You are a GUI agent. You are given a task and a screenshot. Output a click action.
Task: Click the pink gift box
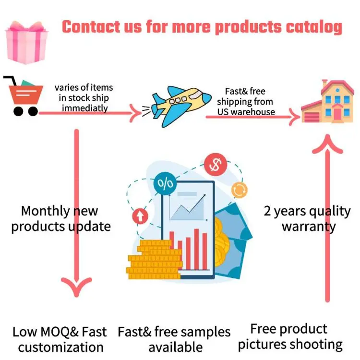(x=26, y=42)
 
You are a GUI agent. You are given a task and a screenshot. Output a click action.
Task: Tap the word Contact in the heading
(x=91, y=27)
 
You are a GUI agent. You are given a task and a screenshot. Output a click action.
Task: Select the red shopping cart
(x=24, y=96)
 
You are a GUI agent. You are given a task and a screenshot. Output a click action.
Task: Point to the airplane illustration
(x=177, y=105)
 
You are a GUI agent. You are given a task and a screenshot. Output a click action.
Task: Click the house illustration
(x=327, y=101)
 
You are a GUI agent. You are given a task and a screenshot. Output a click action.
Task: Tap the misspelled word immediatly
(x=84, y=108)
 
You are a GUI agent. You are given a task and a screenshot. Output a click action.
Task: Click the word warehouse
(x=252, y=112)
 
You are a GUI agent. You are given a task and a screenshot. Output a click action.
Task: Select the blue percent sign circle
(x=165, y=183)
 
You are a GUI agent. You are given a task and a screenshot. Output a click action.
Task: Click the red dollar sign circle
(x=216, y=165)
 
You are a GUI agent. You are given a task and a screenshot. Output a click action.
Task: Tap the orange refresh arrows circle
(x=239, y=190)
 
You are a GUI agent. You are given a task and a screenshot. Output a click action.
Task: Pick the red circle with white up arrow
(x=140, y=216)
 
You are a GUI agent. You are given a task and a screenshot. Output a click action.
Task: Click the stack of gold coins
(x=154, y=259)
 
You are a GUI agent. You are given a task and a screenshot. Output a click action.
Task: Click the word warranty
(x=309, y=227)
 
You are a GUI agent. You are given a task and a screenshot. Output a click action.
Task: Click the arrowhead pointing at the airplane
(x=135, y=113)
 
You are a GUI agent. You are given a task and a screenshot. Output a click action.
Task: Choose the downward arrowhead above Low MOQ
(x=76, y=286)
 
